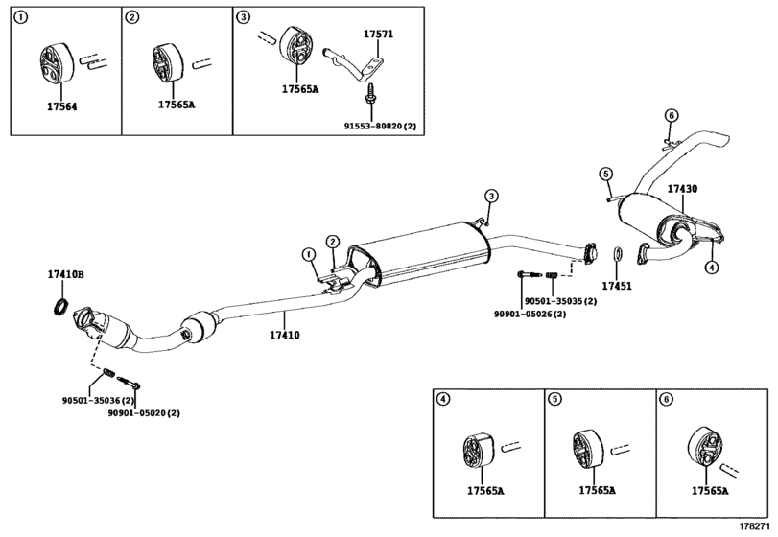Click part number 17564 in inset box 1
click(62, 106)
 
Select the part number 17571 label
click(378, 35)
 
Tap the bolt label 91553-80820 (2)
click(380, 126)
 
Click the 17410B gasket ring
click(60, 307)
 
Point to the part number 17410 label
click(284, 336)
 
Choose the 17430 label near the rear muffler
click(682, 189)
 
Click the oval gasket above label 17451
click(617, 253)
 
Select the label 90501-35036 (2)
click(98, 400)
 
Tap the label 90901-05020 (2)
click(144, 413)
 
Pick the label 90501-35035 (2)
click(560, 301)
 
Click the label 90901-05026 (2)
click(530, 314)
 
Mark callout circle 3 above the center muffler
click(491, 196)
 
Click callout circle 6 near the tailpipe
click(671, 116)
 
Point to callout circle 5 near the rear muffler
click(605, 174)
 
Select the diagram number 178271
click(752, 525)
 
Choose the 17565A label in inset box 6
click(710, 491)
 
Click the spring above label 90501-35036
click(109, 373)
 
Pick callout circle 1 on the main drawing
click(310, 255)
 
